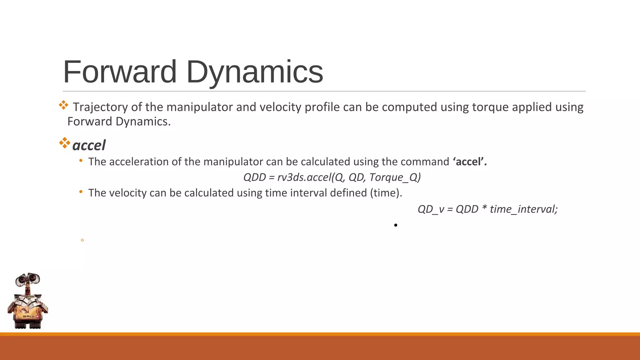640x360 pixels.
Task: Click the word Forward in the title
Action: pos(120,72)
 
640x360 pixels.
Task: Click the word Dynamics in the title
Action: pos(255,72)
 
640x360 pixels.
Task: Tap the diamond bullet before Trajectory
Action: pos(63,105)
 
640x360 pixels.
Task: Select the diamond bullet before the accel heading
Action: pos(64,143)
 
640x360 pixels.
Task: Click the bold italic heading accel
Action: pos(89,145)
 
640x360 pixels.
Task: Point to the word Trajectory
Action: pos(100,107)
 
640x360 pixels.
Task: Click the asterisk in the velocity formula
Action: pos(484,208)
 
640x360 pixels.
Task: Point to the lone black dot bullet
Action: pos(396,225)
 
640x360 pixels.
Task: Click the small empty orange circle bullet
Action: pos(82,240)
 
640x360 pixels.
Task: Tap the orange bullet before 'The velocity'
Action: pos(81,192)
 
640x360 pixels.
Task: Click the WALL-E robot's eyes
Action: pos(28,279)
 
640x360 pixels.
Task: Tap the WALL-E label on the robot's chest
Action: pos(29,316)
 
